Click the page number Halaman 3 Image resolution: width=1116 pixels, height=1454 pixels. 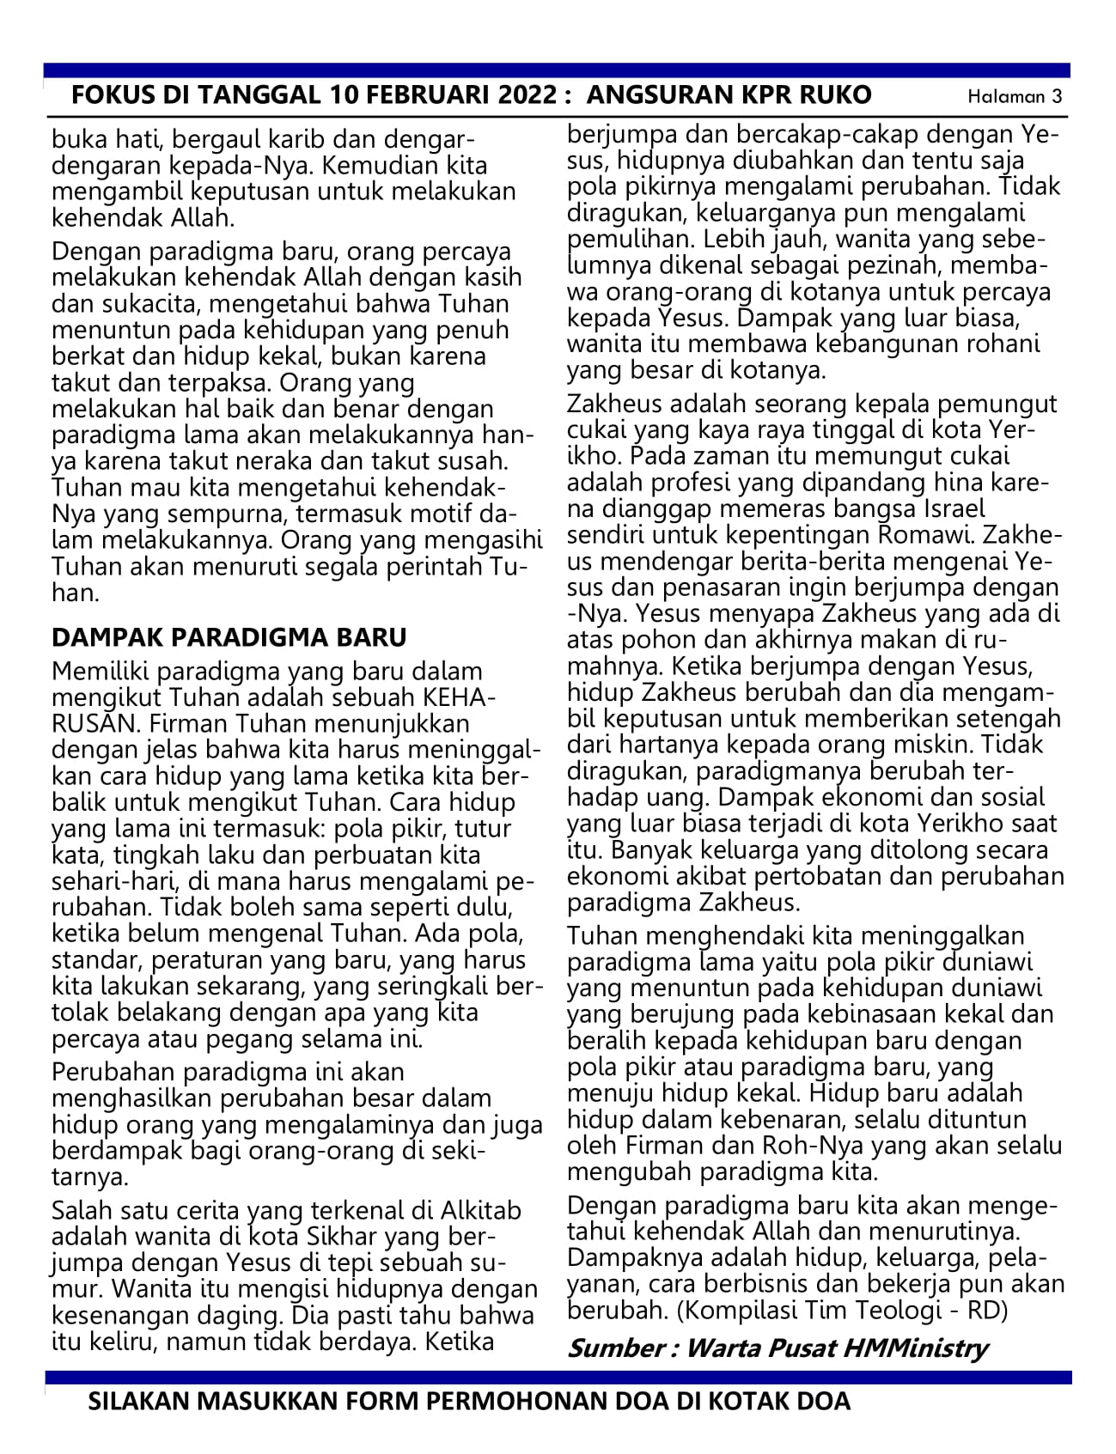(1014, 96)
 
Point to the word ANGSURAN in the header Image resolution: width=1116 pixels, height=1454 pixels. (659, 94)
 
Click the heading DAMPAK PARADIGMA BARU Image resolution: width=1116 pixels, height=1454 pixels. (229, 638)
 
